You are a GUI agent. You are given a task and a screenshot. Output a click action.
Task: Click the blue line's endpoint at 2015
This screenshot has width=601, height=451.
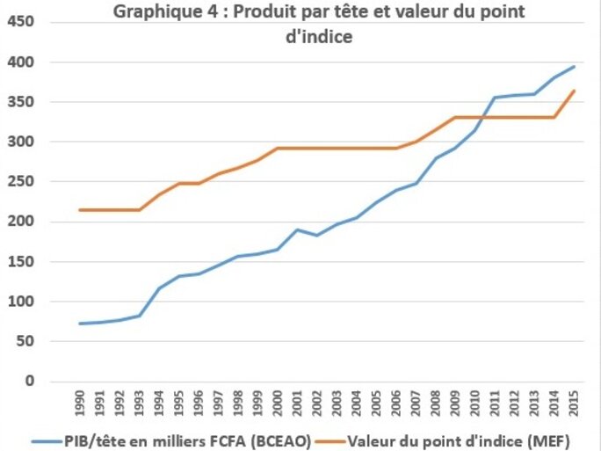click(575, 66)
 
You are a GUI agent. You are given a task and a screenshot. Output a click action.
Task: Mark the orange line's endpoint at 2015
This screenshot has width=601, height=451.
click(575, 91)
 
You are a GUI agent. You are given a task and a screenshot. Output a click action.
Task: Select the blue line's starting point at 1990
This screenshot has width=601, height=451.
click(80, 324)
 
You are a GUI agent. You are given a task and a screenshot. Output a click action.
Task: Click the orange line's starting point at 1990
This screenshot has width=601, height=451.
click(80, 210)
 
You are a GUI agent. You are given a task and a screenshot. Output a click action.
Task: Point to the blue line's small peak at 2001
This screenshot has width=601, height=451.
click(298, 229)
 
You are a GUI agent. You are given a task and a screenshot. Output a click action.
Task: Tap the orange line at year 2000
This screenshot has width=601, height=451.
click(278, 148)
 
